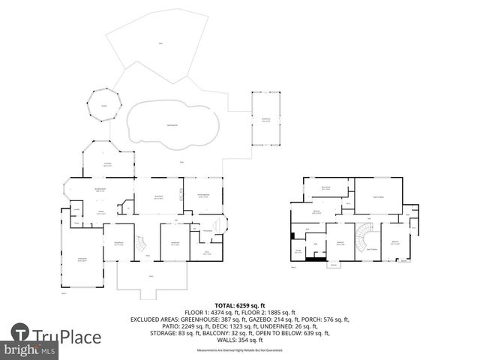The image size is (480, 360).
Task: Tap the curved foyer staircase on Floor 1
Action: (141, 244)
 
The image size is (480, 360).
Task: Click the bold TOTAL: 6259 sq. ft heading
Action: (239, 305)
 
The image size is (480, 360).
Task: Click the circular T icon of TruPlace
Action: (20, 334)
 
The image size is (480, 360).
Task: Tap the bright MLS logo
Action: (30, 350)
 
